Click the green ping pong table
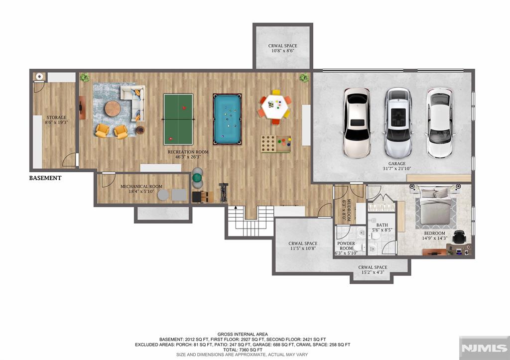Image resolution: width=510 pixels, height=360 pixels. [178, 120]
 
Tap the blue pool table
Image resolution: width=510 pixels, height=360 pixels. [227, 119]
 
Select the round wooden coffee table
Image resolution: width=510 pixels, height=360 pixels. [113, 109]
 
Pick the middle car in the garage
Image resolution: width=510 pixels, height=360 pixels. [398, 123]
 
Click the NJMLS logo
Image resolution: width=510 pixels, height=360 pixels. [484, 348]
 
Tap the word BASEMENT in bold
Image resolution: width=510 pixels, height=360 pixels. [45, 178]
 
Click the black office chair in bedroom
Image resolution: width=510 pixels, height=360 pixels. [459, 237]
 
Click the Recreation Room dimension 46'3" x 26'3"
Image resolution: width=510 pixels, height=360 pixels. [188, 157]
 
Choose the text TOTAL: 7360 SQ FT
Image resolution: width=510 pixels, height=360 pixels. [243, 350]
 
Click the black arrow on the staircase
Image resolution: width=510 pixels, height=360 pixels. [235, 208]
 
